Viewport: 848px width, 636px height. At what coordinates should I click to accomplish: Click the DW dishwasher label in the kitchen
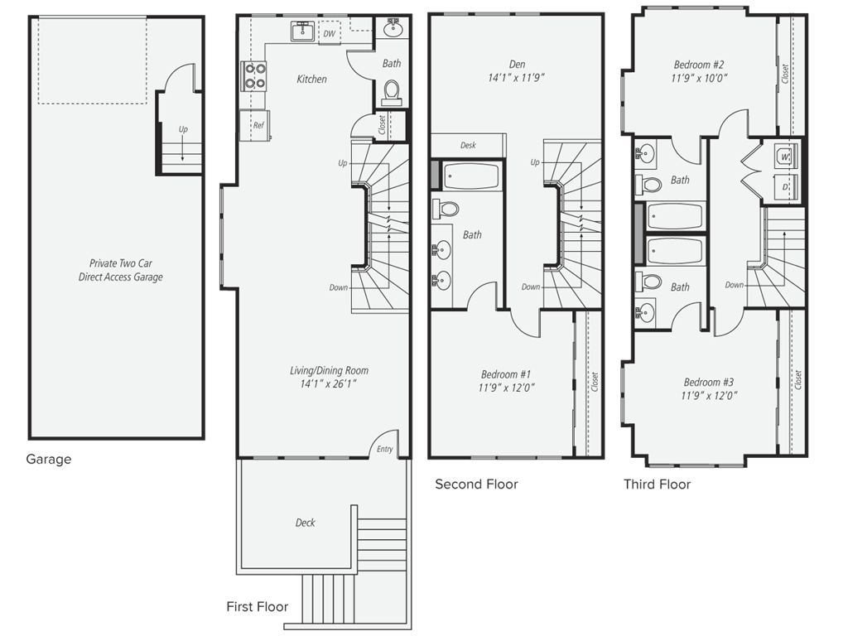pos(329,34)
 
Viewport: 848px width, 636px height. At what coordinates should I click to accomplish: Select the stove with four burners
pos(253,76)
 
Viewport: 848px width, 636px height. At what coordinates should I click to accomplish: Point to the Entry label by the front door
pos(385,450)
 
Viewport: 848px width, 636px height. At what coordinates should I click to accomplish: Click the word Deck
pos(305,523)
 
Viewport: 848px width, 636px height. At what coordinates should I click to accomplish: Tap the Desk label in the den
pos(468,146)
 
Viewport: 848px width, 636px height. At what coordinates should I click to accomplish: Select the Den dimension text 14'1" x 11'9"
pos(515,79)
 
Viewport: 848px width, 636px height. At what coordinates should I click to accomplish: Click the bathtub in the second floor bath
pos(470,177)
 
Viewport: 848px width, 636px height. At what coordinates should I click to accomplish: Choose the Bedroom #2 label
pos(699,65)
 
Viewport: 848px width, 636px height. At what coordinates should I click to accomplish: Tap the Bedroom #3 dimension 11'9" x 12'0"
pos(709,396)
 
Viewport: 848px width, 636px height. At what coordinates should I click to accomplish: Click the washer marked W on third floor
pos(783,154)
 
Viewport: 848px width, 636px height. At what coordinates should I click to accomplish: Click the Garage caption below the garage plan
pos(49,460)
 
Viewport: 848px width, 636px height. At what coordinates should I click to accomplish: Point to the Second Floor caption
pos(476,484)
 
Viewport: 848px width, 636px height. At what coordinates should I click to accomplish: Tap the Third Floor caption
pos(657,484)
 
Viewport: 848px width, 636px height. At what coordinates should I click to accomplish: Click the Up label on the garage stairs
pos(182,129)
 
